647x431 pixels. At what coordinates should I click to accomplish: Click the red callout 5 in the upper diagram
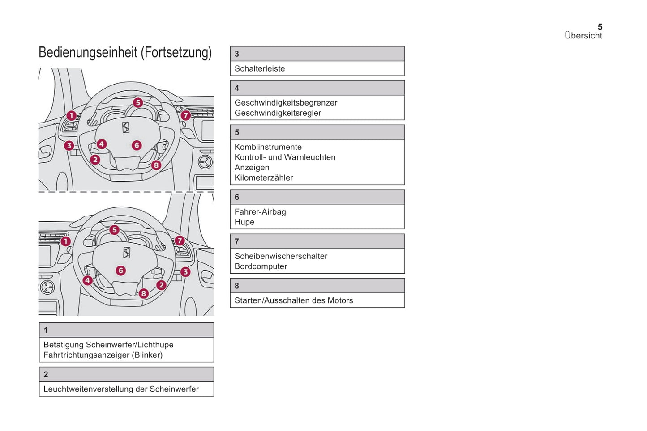tap(138, 103)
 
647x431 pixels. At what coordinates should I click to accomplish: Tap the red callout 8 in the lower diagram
tap(143, 293)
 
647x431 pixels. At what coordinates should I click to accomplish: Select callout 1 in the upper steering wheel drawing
tap(71, 116)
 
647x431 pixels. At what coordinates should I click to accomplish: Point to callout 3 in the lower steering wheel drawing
tap(185, 272)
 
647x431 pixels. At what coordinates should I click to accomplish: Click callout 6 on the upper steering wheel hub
tap(137, 145)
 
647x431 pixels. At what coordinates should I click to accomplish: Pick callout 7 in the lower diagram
tap(180, 241)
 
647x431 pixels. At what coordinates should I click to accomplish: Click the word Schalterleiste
tap(260, 69)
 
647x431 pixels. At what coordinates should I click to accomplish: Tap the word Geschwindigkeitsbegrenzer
tap(286, 103)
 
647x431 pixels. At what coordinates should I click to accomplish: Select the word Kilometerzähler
tap(264, 178)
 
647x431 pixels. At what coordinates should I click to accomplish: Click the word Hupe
tap(244, 222)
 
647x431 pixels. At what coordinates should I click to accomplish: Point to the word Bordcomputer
tap(261, 266)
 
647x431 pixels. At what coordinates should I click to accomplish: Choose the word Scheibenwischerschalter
tap(281, 256)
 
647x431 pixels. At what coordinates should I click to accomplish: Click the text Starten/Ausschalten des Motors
tap(294, 300)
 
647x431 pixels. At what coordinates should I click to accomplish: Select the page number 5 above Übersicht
tap(600, 27)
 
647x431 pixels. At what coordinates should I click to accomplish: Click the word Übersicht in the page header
tap(583, 36)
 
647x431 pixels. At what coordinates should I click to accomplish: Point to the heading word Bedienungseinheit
tap(88, 52)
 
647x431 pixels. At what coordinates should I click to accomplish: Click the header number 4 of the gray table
tap(237, 88)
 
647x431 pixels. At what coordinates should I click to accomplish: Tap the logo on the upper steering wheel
tap(126, 127)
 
